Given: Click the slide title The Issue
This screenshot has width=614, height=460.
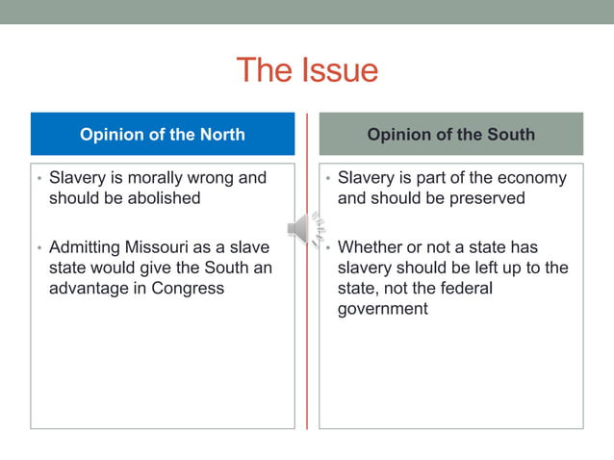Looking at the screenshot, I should pos(307,70).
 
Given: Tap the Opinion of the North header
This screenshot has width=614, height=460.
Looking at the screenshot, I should pos(162,135).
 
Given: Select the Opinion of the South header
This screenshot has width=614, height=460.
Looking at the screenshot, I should pos(450,135).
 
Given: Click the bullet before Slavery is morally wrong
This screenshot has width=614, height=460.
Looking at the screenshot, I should pos(38,179).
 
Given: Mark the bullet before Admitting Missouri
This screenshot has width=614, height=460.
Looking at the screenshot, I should pos(38,248).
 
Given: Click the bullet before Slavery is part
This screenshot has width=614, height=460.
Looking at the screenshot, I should pos(327,179).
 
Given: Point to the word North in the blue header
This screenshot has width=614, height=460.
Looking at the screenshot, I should pos(220,135).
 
